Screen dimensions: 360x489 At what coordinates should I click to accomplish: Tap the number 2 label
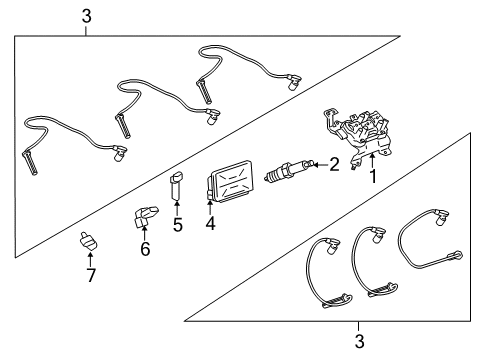pos(334,163)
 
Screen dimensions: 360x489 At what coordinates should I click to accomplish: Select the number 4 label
pos(210,224)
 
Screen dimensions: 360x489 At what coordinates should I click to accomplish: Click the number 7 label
pos(90,276)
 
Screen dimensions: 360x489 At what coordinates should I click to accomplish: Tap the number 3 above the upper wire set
pos(86,17)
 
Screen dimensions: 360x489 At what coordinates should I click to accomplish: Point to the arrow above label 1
pos(374,160)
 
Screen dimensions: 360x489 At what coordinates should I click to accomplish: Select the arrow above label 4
pos(209,207)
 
